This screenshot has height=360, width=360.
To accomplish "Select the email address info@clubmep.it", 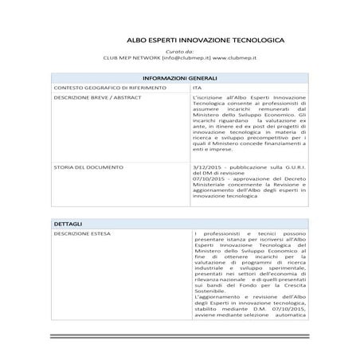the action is coord(187,58).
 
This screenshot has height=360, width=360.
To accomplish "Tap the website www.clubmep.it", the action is coord(236,58).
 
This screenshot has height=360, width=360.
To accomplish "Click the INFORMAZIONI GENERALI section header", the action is coord(179,78).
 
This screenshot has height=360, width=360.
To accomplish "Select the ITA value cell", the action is coord(198,87).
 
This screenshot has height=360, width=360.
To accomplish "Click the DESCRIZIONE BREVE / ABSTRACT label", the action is coord(89,96).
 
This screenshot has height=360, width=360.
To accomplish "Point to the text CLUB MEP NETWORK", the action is coord(131,58).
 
